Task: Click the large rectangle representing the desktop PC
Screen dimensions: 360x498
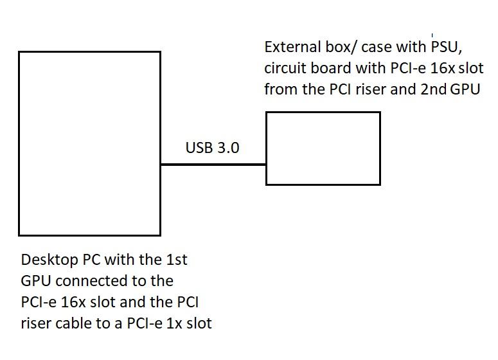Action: pyautogui.click(x=89, y=143)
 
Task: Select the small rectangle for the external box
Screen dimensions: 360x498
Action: pyautogui.click(x=323, y=148)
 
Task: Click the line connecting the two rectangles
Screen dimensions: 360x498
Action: pyautogui.click(x=213, y=165)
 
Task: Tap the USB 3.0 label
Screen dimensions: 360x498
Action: pyautogui.click(x=212, y=148)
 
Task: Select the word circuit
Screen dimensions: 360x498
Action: pyautogui.click(x=283, y=68)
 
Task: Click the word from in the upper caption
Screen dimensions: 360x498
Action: pyautogui.click(x=280, y=89)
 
